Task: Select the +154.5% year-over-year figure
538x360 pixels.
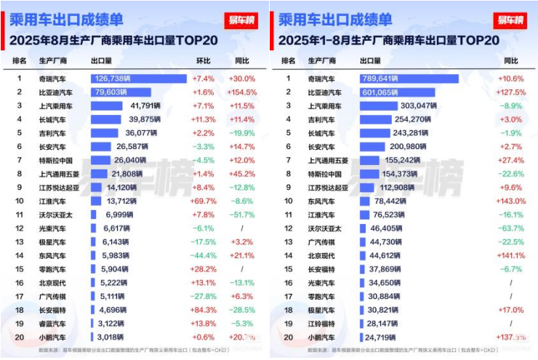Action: [x=241, y=92]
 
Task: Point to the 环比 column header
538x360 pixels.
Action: [x=204, y=60]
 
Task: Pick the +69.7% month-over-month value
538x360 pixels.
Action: [x=204, y=201]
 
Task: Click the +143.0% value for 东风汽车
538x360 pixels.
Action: [x=511, y=201]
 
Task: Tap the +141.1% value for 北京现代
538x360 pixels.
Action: [x=511, y=255]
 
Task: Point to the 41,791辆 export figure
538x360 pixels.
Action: [x=145, y=105]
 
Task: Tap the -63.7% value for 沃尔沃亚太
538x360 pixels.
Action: [x=511, y=228]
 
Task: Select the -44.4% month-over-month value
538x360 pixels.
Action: [x=204, y=255]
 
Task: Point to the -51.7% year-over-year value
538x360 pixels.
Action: [x=241, y=215]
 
